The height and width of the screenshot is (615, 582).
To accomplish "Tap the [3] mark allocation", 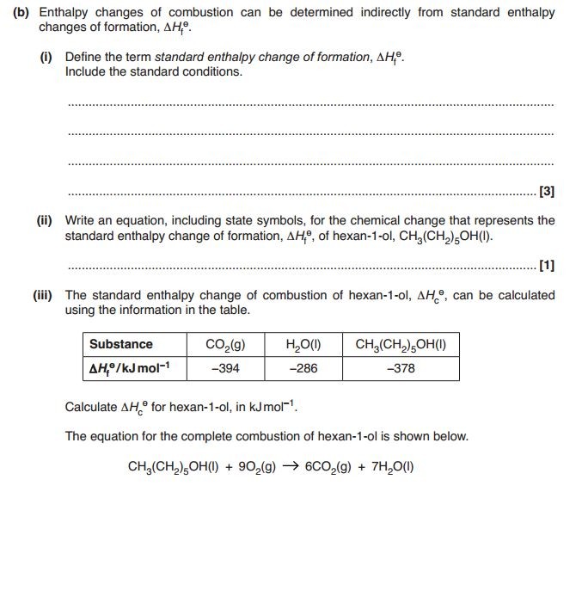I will pyautogui.click(x=546, y=191).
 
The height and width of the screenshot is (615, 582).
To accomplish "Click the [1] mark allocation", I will pyautogui.click(x=546, y=265).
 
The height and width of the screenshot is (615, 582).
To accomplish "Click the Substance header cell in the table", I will pyautogui.click(x=120, y=344).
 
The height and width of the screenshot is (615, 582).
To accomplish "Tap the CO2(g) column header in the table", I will pyautogui.click(x=226, y=344).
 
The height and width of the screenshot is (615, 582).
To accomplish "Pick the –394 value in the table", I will pyautogui.click(x=226, y=367).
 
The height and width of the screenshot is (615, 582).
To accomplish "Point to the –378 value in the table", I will pyautogui.click(x=400, y=367).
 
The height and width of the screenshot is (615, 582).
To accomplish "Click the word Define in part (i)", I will pyautogui.click(x=83, y=57).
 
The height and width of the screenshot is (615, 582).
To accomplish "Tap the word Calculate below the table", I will pyautogui.click(x=93, y=407).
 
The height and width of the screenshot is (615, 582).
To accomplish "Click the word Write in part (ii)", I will pyautogui.click(x=81, y=220).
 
